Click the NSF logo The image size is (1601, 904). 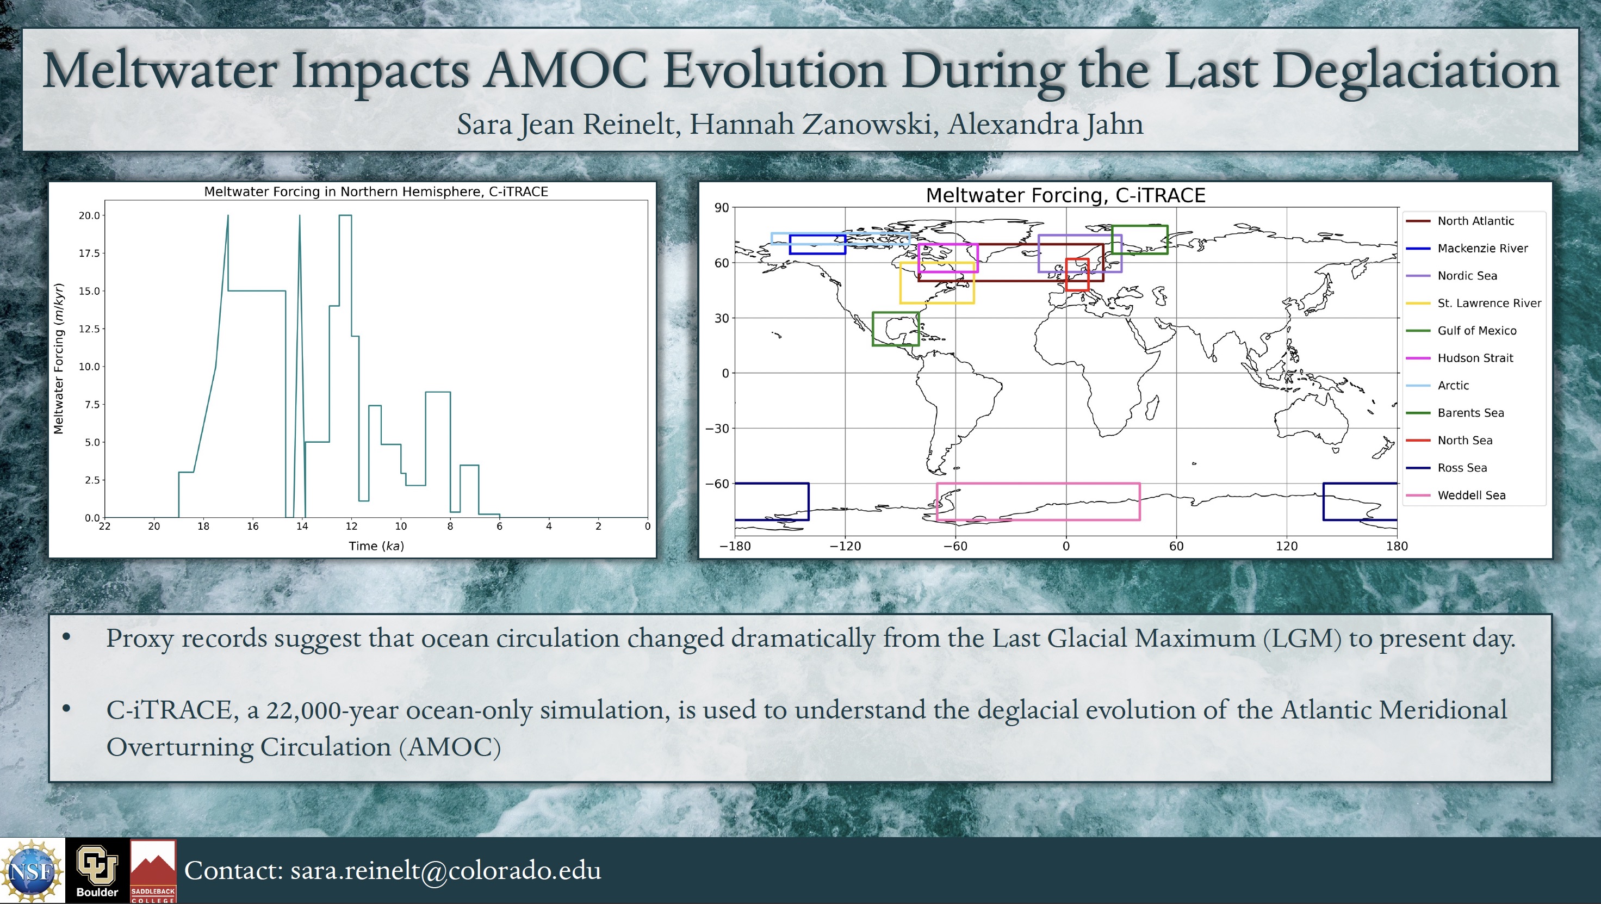(x=32, y=870)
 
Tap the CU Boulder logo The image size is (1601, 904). (x=97, y=870)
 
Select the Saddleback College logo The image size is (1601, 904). (x=153, y=870)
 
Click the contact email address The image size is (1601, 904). (x=445, y=870)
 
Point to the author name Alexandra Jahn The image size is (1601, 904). (x=1045, y=123)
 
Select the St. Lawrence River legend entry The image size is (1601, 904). (x=1474, y=304)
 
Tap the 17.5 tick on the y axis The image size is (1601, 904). (x=89, y=253)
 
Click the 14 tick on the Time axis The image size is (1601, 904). (x=302, y=527)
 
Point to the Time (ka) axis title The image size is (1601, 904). (x=376, y=546)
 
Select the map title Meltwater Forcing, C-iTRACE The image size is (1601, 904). (x=1065, y=196)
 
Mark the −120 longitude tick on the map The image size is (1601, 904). (x=845, y=547)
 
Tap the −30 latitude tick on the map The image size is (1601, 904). (x=717, y=429)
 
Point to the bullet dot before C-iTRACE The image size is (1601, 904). (x=66, y=708)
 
